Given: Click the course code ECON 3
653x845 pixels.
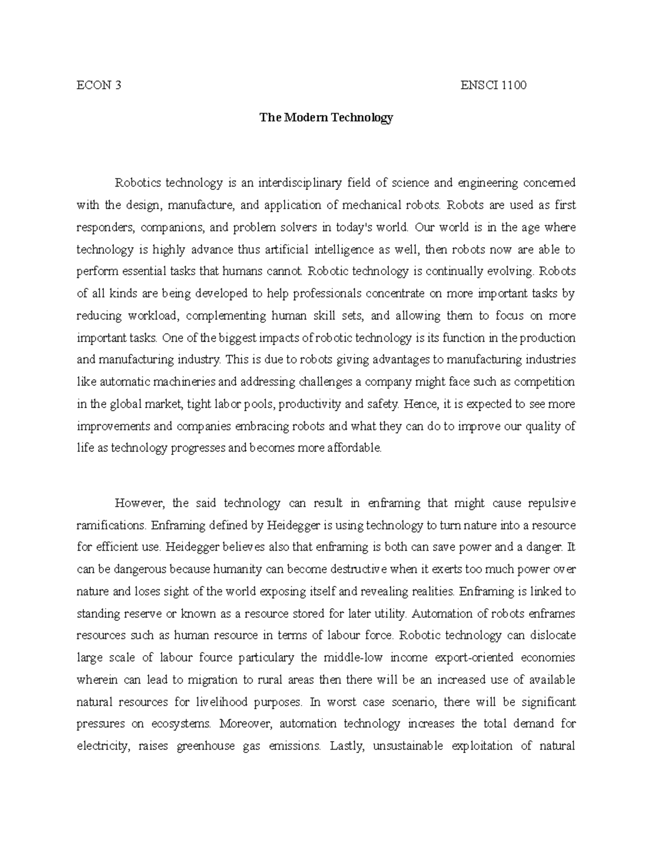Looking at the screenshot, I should click(x=98, y=85).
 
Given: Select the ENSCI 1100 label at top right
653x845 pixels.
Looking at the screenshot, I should click(x=493, y=85).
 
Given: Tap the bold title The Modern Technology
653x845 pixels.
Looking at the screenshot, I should click(x=326, y=118).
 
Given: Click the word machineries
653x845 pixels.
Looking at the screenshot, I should click(x=185, y=382).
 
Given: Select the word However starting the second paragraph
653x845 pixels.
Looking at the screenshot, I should click(x=135, y=503).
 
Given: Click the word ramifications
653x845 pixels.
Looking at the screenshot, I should click(x=111, y=526).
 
